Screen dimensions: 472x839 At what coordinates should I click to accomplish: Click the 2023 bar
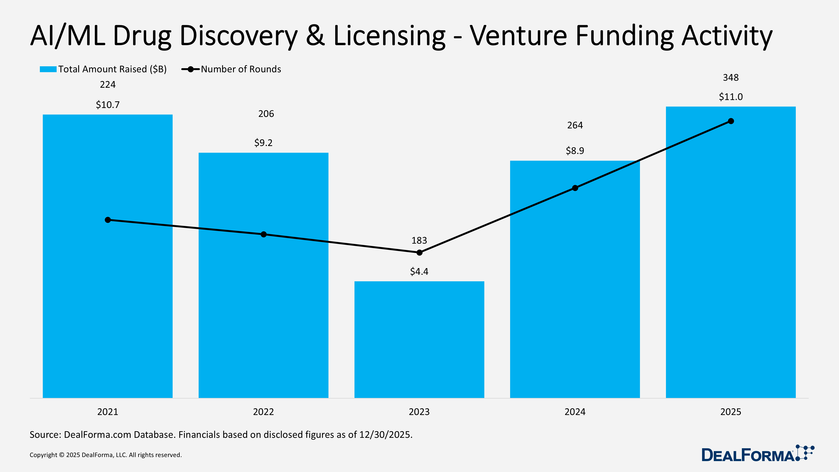[x=419, y=339]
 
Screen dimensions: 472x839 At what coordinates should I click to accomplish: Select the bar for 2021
[x=107, y=293]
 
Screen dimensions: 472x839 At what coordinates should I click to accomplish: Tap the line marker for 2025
[x=731, y=121]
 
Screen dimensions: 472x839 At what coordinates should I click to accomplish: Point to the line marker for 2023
[x=419, y=252]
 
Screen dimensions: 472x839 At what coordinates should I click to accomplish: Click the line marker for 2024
[x=575, y=188]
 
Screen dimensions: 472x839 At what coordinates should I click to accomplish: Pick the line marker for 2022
[x=263, y=234]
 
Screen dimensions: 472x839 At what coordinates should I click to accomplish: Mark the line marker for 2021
[x=108, y=220]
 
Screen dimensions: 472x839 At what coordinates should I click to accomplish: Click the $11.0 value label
[x=731, y=97]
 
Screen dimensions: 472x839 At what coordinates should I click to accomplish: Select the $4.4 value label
[x=419, y=271]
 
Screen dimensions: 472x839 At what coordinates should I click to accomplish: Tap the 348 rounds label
[x=731, y=78]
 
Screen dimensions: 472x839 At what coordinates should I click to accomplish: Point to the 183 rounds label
[x=419, y=240]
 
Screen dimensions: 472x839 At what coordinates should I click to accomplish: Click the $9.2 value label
[x=263, y=143]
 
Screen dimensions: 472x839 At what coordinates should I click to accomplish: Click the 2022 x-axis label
[x=263, y=412]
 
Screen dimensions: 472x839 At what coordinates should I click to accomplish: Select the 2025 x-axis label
[x=731, y=412]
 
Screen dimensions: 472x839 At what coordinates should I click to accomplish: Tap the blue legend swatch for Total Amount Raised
[x=48, y=69]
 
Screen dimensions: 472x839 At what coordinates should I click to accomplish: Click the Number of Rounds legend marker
[x=190, y=69]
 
